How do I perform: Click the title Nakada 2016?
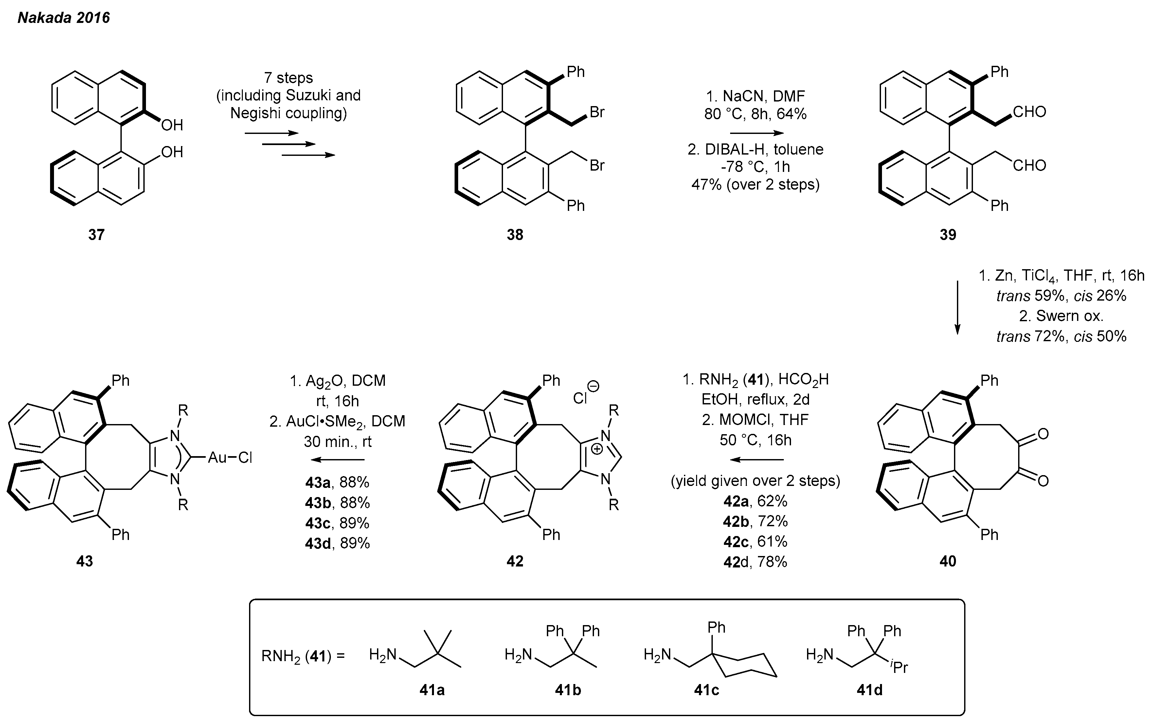tap(63, 18)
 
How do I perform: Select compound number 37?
tap(96, 234)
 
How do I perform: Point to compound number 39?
tap(948, 234)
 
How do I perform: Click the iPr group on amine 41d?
tap(899, 666)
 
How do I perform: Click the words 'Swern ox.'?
tap(1069, 316)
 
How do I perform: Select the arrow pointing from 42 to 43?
tap(337, 459)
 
